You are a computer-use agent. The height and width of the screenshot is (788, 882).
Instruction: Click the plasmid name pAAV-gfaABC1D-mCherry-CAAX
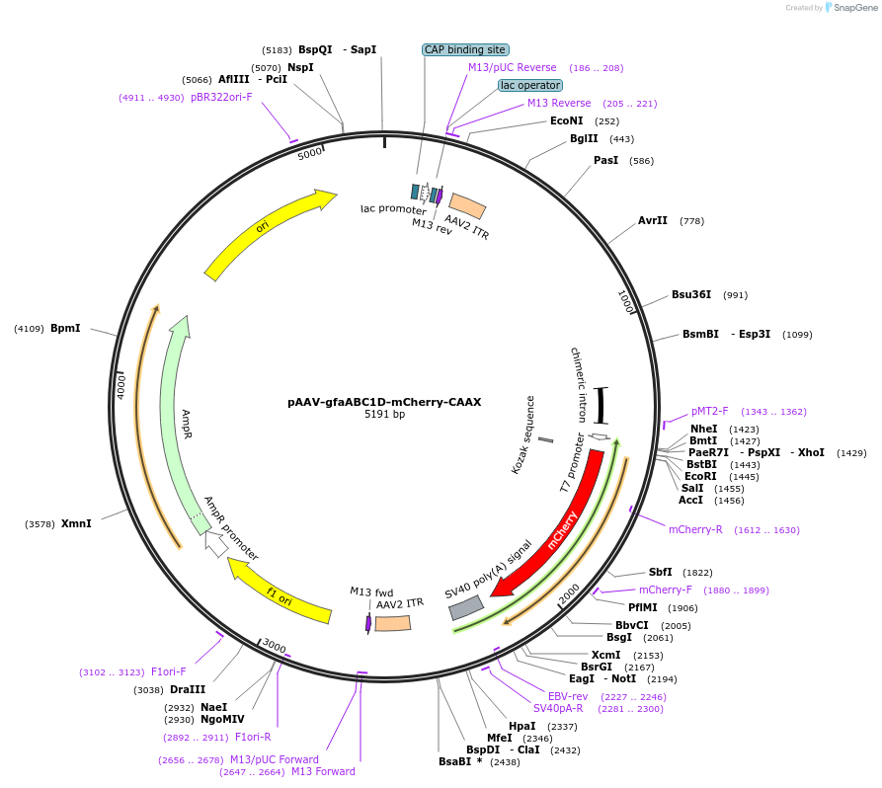pos(384,402)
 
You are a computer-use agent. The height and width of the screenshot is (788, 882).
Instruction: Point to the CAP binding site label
pos(465,49)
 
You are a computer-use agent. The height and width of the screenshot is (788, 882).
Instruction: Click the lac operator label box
pos(529,86)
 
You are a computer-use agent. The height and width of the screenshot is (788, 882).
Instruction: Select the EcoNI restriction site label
pos(566,121)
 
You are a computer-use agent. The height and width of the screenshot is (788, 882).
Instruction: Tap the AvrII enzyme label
pos(653,221)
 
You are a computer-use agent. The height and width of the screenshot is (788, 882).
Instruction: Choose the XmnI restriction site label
pos(76,523)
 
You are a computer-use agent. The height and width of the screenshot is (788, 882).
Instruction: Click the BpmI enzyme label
pos(65,328)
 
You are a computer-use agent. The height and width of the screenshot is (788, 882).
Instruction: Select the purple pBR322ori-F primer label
pos(221,97)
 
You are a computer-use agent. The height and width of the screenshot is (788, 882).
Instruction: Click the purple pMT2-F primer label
pos(709,411)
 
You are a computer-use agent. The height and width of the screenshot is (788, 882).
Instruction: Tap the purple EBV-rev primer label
pos(568,696)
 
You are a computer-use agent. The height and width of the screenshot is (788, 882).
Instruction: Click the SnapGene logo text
pos(855,8)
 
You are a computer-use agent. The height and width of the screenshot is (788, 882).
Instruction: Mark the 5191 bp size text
pos(384,415)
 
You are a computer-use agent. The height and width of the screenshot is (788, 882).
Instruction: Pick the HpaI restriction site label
pos(521,726)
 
